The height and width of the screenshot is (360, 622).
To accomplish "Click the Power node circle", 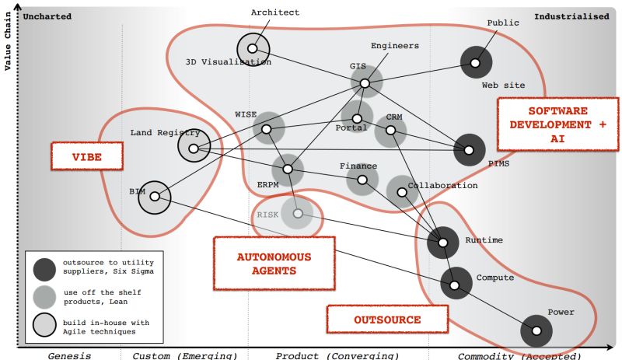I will (x=536, y=330).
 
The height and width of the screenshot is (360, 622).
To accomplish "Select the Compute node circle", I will (x=456, y=282).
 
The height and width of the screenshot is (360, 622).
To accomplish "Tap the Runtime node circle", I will (x=443, y=243).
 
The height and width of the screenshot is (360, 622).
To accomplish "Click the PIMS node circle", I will (x=469, y=150).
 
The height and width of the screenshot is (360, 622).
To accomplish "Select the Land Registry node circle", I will (x=193, y=145).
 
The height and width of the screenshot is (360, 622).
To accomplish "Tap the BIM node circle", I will (x=154, y=197).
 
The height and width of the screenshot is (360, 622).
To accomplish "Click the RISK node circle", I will (x=297, y=213).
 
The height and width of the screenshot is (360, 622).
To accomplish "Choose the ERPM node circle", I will (x=287, y=169).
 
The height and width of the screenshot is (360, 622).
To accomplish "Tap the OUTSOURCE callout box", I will (x=387, y=320).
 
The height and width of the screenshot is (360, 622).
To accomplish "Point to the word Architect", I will (x=275, y=12).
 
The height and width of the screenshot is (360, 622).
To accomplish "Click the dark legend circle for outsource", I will (x=44, y=268).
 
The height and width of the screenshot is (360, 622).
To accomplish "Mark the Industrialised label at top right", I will (x=571, y=16).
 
